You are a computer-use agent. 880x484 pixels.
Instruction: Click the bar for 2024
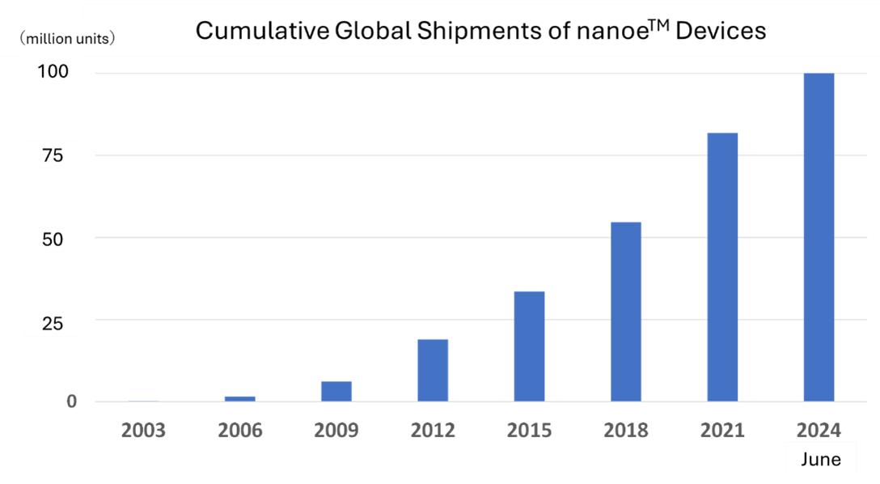(x=819, y=237)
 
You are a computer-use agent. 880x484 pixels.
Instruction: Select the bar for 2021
(x=722, y=267)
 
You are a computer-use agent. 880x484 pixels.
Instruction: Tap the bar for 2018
(x=625, y=312)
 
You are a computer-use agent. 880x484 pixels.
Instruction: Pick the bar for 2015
(x=529, y=346)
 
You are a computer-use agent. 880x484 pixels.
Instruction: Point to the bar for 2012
(x=433, y=371)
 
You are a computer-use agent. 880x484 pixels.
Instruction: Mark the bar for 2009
(x=336, y=392)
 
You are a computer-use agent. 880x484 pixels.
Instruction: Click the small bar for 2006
(x=240, y=399)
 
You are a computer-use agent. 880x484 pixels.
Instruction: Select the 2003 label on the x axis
(x=144, y=430)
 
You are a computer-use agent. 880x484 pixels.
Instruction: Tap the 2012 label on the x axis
(x=433, y=430)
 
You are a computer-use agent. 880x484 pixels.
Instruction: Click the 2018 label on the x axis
(x=625, y=430)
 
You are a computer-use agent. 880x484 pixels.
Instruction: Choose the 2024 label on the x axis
(x=819, y=430)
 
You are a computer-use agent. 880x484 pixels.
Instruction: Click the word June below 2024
(x=820, y=460)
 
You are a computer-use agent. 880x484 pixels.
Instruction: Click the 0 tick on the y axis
(x=72, y=401)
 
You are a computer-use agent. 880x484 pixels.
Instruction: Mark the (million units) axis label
(x=68, y=38)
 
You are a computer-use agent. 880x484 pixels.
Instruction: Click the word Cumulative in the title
(x=260, y=31)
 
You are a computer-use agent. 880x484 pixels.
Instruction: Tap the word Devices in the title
(x=721, y=31)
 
